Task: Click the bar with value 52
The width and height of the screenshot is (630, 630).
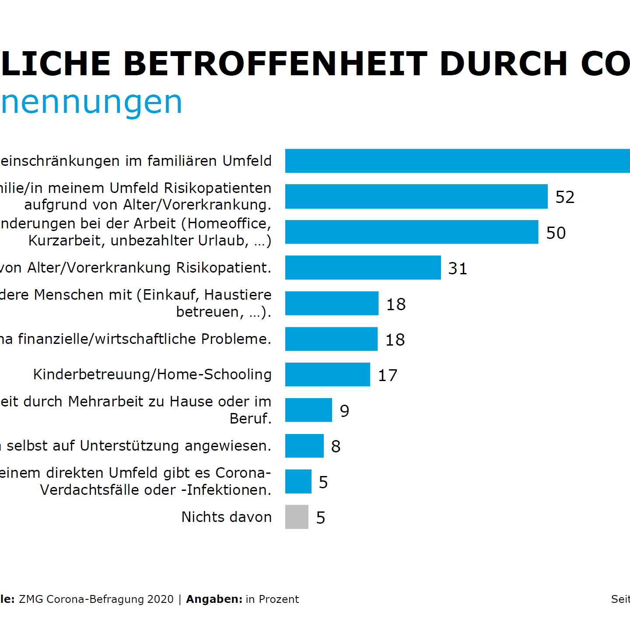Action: [416, 196]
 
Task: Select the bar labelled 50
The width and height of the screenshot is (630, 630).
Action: [411, 232]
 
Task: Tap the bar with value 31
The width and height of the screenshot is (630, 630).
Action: [363, 267]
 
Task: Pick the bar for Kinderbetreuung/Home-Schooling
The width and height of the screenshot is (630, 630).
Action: [327, 374]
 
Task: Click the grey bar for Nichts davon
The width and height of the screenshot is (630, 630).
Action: [297, 517]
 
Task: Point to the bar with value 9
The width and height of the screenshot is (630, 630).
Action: [308, 410]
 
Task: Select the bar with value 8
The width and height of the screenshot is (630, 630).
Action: [304, 446]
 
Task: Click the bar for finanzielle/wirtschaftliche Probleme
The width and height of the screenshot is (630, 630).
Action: [331, 339]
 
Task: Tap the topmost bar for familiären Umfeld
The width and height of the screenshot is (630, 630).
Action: [457, 161]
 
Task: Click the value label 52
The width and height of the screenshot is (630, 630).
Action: [565, 197]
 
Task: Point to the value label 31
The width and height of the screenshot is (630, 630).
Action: [458, 268]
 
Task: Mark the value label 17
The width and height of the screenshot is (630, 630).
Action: [388, 375]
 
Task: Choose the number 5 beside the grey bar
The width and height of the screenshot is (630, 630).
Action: [321, 518]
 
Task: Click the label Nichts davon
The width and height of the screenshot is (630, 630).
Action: [227, 517]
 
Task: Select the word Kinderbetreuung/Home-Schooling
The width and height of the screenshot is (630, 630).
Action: [152, 374]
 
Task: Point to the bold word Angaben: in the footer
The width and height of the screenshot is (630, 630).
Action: [214, 599]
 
